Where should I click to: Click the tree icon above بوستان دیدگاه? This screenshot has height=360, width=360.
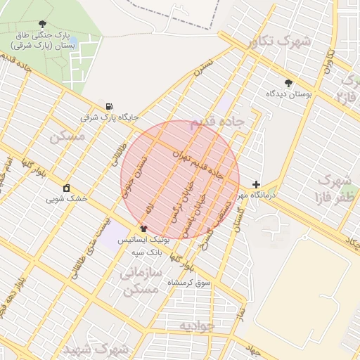click(x=288, y=83)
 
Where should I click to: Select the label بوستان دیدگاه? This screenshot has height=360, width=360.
click(x=289, y=94)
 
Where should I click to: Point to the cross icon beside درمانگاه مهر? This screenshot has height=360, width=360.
click(x=255, y=184)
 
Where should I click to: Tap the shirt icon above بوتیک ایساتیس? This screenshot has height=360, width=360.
click(x=144, y=229)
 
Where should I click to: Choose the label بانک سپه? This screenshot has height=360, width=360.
click(x=149, y=250)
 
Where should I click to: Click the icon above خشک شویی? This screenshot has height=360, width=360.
click(x=67, y=188)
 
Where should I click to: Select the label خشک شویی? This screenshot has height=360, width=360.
click(x=67, y=199)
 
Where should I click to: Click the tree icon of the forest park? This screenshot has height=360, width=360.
click(x=44, y=24)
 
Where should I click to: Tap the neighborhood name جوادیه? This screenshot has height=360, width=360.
click(x=195, y=326)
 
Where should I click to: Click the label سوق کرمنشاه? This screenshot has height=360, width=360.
click(x=188, y=282)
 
